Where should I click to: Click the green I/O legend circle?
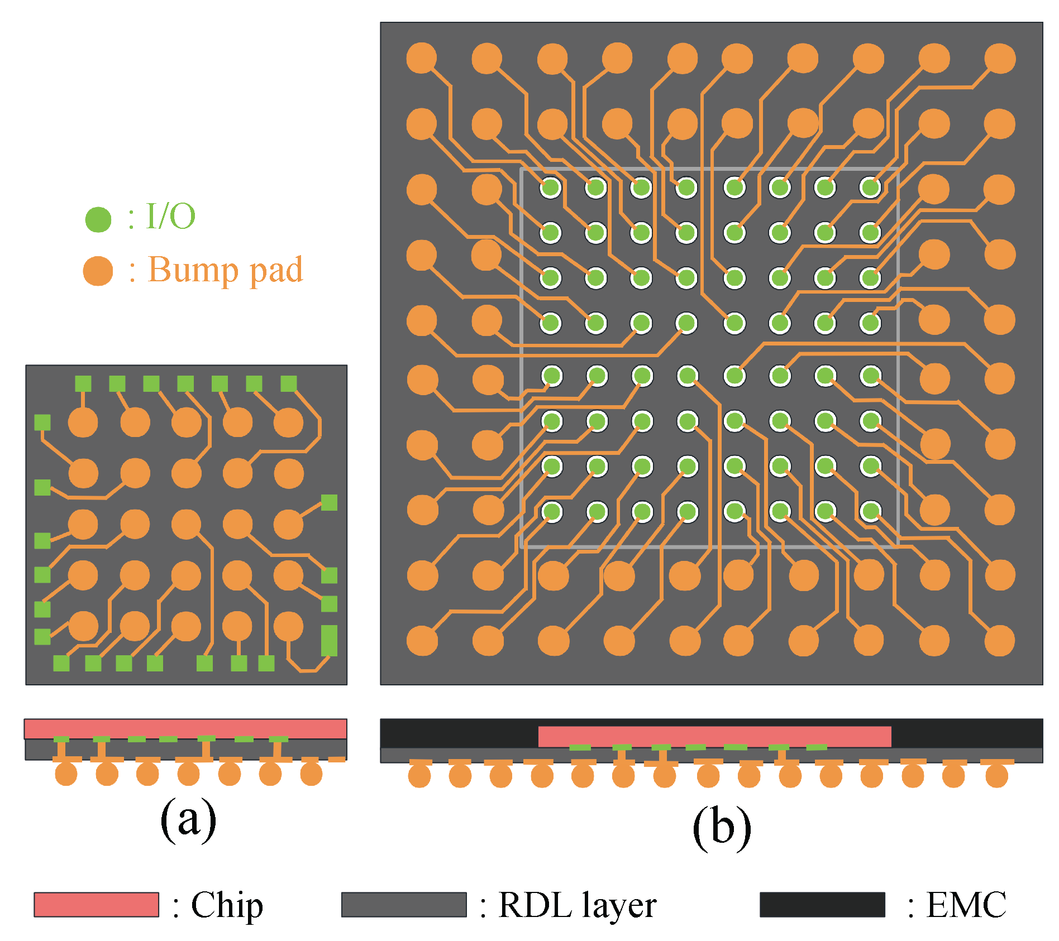98,219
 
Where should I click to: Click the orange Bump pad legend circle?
98,271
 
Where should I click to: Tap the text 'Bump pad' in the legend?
225,270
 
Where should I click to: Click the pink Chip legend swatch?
96,904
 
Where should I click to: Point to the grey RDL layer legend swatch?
403,904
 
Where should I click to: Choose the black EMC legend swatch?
822,904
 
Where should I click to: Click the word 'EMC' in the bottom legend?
966,904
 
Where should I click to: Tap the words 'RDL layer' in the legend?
577,904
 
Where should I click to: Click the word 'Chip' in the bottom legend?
227,904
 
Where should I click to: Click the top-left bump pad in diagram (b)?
421,59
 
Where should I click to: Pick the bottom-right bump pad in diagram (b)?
999,640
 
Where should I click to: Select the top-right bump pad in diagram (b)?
999,59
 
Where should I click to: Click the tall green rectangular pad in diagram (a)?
329,640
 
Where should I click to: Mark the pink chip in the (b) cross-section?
714,736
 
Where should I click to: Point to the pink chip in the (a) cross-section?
185,729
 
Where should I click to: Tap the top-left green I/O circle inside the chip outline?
551,188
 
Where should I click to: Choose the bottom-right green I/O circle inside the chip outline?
870,511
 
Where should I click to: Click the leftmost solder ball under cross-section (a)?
66,774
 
